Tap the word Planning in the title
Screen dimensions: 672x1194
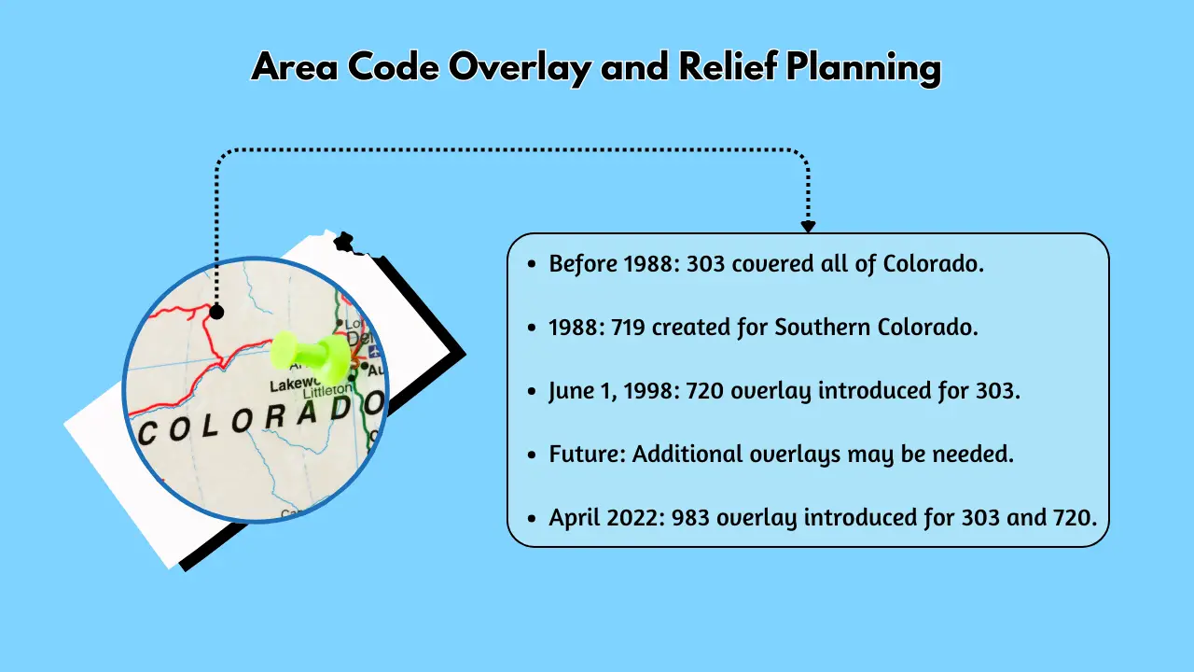[x=863, y=68]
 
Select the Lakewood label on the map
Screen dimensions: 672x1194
[x=298, y=385]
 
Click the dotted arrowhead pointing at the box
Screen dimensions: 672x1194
[x=808, y=226]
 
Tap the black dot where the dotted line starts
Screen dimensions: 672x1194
[x=216, y=312]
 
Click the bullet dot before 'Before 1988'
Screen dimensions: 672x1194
[x=532, y=265]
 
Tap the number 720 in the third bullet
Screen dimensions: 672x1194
[x=705, y=391]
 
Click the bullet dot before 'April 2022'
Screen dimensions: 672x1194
[x=532, y=518]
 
